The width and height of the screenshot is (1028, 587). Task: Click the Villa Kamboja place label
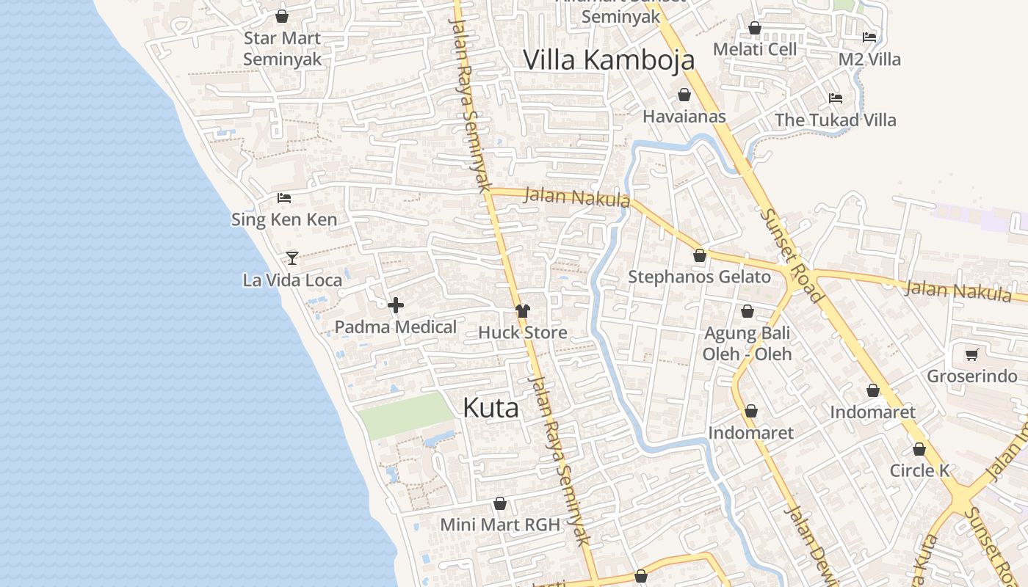point(609,59)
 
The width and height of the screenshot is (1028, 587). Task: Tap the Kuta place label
point(491,408)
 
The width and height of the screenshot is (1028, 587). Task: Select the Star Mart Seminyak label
point(282,48)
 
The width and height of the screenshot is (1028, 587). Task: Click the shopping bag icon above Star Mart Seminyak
point(282,16)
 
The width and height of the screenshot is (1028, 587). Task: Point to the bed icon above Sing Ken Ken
point(284,198)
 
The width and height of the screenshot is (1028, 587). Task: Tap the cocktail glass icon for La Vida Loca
point(292,258)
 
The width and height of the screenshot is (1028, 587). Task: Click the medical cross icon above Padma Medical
point(396,305)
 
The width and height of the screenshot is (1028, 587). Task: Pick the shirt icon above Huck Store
point(523,311)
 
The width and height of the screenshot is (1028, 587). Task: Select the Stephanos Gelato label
point(699,277)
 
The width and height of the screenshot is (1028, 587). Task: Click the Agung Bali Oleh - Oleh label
point(747,343)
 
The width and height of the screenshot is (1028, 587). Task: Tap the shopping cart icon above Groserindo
point(972,355)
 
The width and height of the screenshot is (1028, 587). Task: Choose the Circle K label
point(919,470)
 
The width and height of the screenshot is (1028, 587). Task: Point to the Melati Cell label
point(755,49)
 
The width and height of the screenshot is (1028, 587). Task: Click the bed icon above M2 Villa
point(869,37)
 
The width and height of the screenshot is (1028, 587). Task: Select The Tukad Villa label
point(835,120)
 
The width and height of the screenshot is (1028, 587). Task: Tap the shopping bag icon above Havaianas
point(684,95)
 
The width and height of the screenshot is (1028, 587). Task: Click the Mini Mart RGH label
point(500,525)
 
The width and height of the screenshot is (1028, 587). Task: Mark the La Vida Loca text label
point(292,280)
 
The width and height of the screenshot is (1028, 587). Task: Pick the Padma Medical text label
point(396,327)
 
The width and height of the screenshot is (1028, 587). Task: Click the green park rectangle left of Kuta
point(405,416)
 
